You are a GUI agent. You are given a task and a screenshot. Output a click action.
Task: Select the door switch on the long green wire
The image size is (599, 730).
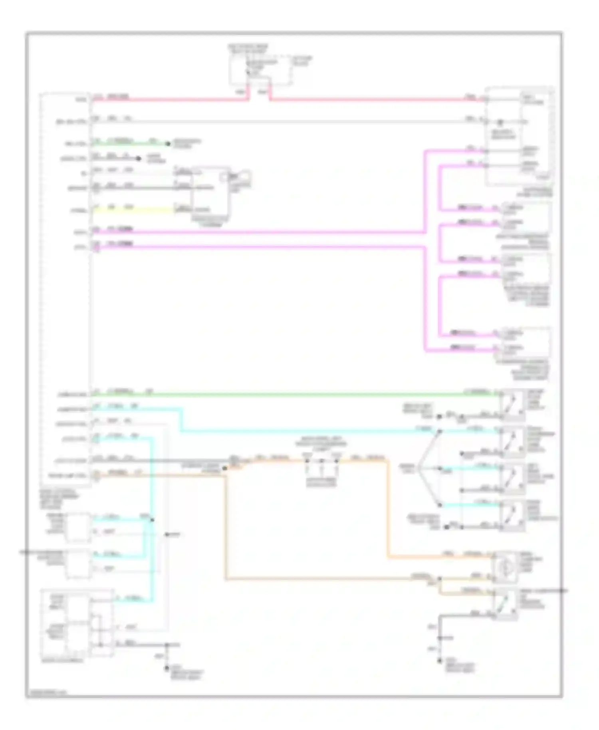[513, 404]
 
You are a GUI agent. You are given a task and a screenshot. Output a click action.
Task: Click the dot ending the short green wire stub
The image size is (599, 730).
[168, 143]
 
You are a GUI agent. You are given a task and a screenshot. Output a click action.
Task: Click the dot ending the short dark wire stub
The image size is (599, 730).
[139, 159]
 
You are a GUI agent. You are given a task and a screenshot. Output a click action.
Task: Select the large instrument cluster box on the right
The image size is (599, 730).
[519, 136]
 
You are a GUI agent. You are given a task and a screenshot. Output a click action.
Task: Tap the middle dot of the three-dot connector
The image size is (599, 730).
[321, 461]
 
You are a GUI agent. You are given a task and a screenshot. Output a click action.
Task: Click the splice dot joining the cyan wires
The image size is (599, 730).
[152, 520]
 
